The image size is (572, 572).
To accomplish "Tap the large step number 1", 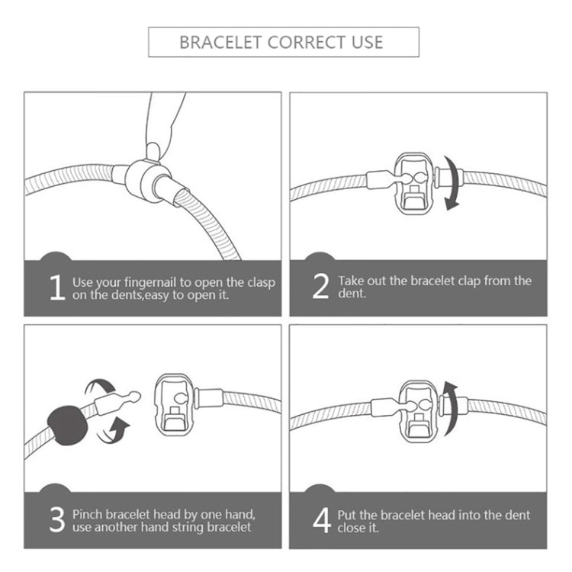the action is pyautogui.click(x=57, y=288).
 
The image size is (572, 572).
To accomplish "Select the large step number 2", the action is pyautogui.click(x=320, y=286).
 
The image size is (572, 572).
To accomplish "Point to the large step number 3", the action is pyautogui.click(x=57, y=519).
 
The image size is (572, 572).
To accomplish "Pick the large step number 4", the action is pyautogui.click(x=322, y=520).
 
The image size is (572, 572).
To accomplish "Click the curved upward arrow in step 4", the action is pyautogui.click(x=451, y=409).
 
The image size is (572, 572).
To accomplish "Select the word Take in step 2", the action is pyautogui.click(x=351, y=281).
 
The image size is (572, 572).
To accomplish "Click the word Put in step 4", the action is pyautogui.click(x=346, y=515).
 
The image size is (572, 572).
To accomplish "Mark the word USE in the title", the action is pyautogui.click(x=368, y=42).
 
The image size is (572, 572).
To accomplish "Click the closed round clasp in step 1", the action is pyautogui.click(x=148, y=179).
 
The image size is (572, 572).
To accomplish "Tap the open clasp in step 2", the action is pyautogui.click(x=414, y=184).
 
